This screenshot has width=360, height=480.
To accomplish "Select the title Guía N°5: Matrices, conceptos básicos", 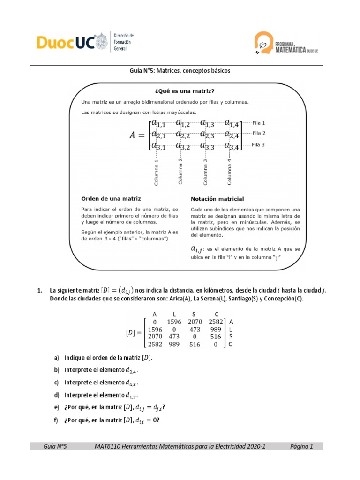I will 180,71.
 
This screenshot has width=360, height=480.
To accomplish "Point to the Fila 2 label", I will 259,133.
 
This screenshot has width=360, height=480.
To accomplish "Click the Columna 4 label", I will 229,172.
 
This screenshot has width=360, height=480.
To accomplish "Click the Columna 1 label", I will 156,172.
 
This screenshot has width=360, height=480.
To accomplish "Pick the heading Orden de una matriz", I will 111,198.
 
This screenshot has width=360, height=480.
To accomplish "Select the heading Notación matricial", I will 217,199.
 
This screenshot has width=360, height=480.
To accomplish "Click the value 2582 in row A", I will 216,322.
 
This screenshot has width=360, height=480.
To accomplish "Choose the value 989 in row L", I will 216,330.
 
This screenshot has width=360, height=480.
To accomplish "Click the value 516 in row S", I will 216,337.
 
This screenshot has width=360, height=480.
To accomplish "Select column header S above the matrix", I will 194,314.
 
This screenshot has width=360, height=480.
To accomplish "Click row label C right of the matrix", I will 230,345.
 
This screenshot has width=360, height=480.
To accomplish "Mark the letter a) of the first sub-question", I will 57,358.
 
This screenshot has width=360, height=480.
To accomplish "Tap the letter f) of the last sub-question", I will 57,420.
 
